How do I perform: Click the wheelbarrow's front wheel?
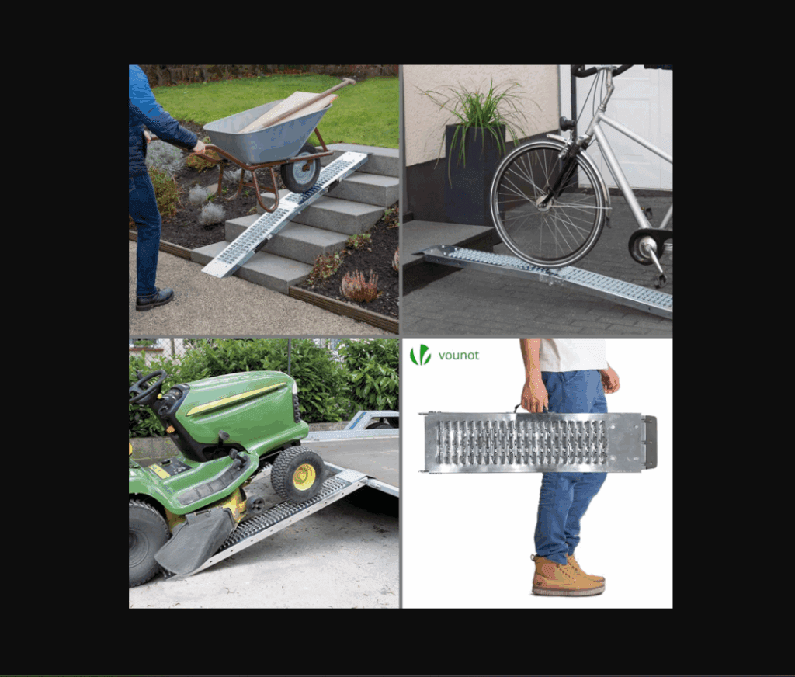(x=300, y=168)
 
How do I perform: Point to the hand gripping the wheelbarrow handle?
(x=199, y=147)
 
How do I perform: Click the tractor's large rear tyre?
(x=147, y=542)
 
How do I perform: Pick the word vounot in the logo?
(x=458, y=355)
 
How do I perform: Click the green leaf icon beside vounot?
(x=420, y=355)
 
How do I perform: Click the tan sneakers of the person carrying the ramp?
(x=568, y=575)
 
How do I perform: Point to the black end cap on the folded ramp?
(x=650, y=442)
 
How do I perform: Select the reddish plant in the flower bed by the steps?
(x=360, y=286)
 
